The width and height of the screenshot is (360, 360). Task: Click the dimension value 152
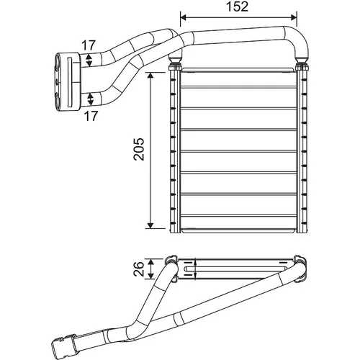(237, 6)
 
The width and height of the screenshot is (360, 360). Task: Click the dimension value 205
(139, 149)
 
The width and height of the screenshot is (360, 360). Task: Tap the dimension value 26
(139, 269)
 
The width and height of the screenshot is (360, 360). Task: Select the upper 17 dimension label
(89, 45)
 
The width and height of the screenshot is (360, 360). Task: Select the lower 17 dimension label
(91, 116)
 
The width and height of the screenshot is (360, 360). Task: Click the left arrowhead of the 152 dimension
(184, 17)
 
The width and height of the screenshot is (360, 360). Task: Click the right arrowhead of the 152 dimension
(294, 17)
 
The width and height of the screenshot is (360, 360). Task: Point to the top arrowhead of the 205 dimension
(150, 76)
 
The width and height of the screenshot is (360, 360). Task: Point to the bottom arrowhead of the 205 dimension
(150, 225)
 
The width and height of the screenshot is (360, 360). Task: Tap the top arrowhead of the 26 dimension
(150, 262)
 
